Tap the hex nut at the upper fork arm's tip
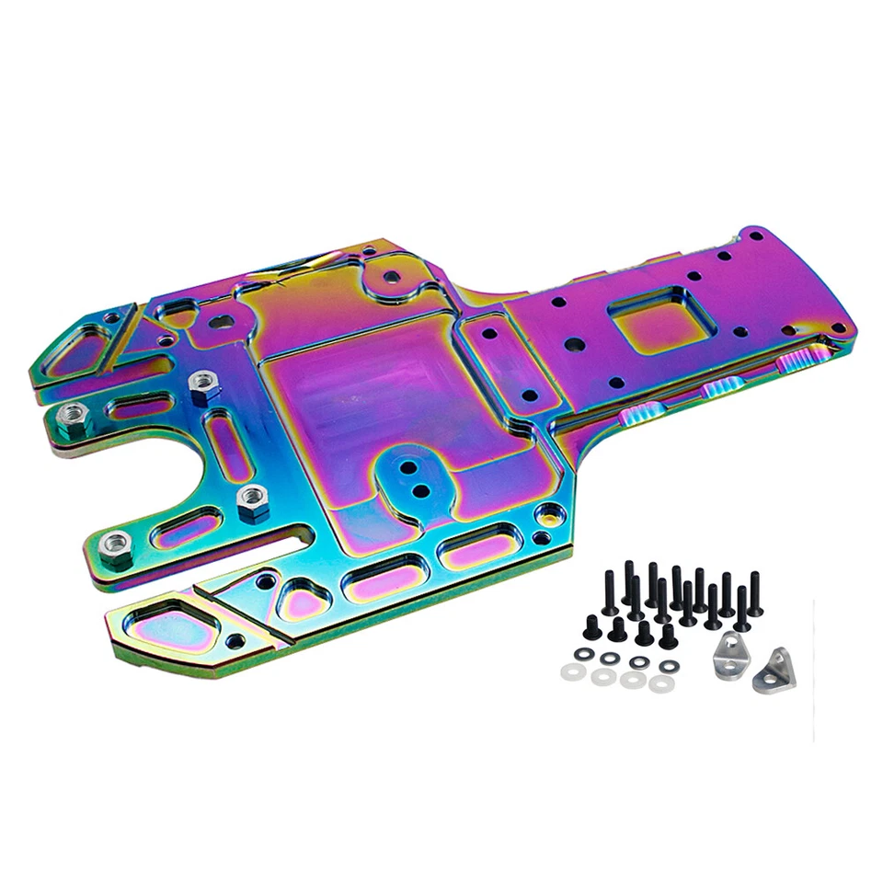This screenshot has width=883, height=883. (x=69, y=419)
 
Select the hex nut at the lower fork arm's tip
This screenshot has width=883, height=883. (x=115, y=547)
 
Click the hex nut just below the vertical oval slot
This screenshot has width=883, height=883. (x=251, y=502)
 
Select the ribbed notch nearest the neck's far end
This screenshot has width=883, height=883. (x=797, y=362)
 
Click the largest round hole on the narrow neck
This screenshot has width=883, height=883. (x=575, y=346)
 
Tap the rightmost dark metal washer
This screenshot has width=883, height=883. (x=669, y=665)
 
